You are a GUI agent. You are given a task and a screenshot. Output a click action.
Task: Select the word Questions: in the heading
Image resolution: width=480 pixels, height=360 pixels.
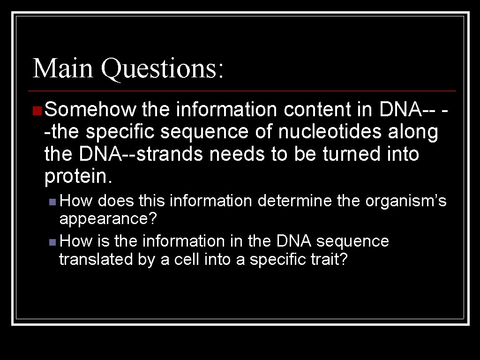[162, 69]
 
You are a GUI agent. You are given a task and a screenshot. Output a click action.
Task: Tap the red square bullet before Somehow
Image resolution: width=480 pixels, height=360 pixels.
[37, 110]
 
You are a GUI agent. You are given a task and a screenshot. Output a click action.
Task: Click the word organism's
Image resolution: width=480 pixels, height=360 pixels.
[406, 202]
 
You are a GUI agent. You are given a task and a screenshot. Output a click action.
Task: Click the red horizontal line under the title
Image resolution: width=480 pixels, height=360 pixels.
[242, 90]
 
